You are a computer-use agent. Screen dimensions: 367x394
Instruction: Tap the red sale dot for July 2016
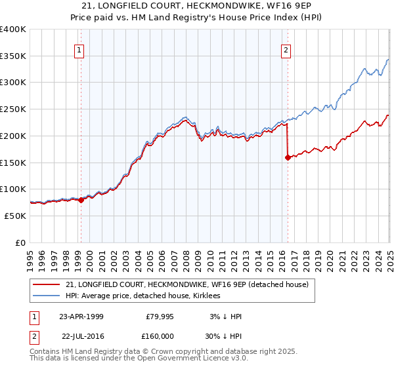pyautogui.click(x=288, y=157)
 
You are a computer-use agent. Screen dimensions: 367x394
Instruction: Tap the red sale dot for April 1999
pyautogui.click(x=81, y=200)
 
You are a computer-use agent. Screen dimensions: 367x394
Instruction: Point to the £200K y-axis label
pyautogui.click(x=13, y=136)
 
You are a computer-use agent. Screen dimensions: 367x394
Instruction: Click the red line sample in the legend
pyautogui.click(x=47, y=284)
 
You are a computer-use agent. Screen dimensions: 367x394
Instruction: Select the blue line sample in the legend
pyautogui.click(x=47, y=296)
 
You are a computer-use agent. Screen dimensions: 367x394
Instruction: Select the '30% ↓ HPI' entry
pyautogui.click(x=224, y=335)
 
